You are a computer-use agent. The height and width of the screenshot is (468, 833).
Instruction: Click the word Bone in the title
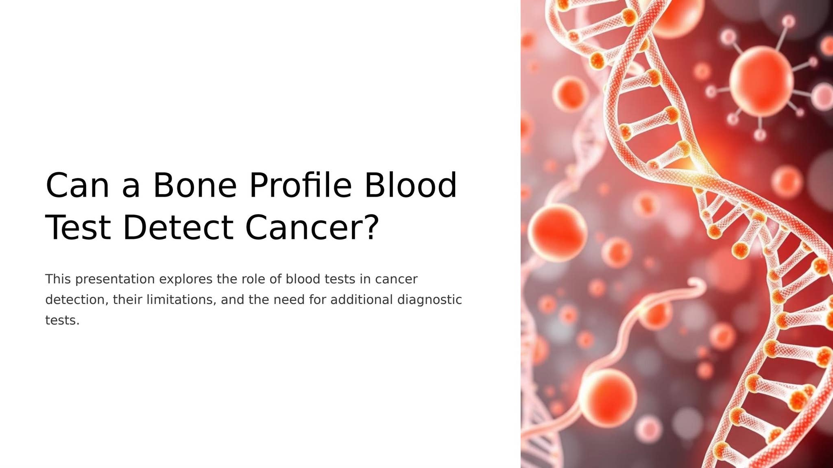[195, 185]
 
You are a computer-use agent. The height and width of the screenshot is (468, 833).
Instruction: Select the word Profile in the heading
[300, 185]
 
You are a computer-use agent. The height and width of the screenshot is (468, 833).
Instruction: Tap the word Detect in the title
[178, 227]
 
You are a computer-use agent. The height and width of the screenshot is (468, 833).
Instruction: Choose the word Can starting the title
[77, 185]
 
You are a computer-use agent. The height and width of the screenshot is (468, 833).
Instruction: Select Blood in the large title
[410, 185]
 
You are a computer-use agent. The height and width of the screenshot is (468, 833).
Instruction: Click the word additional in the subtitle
[362, 300]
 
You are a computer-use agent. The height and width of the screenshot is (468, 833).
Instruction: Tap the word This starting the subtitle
[58, 279]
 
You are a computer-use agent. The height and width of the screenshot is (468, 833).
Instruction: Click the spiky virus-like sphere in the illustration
[761, 82]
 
